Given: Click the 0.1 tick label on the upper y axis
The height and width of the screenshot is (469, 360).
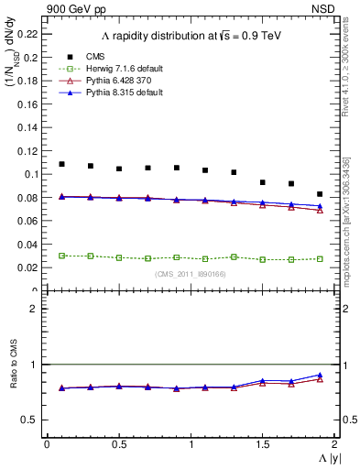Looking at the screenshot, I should (x=31, y=174).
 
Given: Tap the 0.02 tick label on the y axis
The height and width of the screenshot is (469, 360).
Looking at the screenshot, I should (x=28, y=267).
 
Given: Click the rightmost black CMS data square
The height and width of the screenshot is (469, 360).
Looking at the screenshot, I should (x=320, y=194).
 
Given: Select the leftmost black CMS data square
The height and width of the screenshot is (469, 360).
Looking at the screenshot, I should (x=61, y=164).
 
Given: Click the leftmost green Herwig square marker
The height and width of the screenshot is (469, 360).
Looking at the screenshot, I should (x=61, y=256).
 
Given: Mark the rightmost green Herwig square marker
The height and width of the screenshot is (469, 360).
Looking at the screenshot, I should (x=320, y=258).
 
